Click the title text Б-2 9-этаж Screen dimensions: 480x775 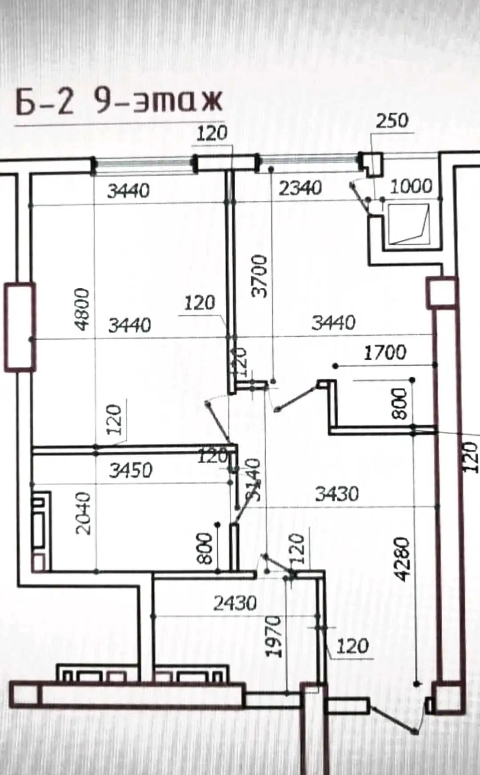click(119, 101)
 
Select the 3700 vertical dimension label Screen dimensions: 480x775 click(260, 276)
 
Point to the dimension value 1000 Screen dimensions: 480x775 click(411, 186)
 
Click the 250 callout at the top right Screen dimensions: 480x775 click(392, 121)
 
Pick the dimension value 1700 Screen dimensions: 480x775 click(385, 353)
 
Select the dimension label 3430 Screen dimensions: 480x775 click(337, 493)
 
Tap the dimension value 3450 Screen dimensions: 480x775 click(131, 470)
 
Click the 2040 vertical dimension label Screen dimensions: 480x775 click(84, 513)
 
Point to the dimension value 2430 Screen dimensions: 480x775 click(235, 603)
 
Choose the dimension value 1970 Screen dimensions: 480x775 click(274, 636)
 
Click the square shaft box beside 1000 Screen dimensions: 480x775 click(409, 224)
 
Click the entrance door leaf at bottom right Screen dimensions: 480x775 click(392, 716)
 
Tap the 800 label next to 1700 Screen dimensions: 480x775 click(401, 404)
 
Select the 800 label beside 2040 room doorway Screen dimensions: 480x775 click(205, 548)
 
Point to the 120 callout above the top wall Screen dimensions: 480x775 click(212, 133)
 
